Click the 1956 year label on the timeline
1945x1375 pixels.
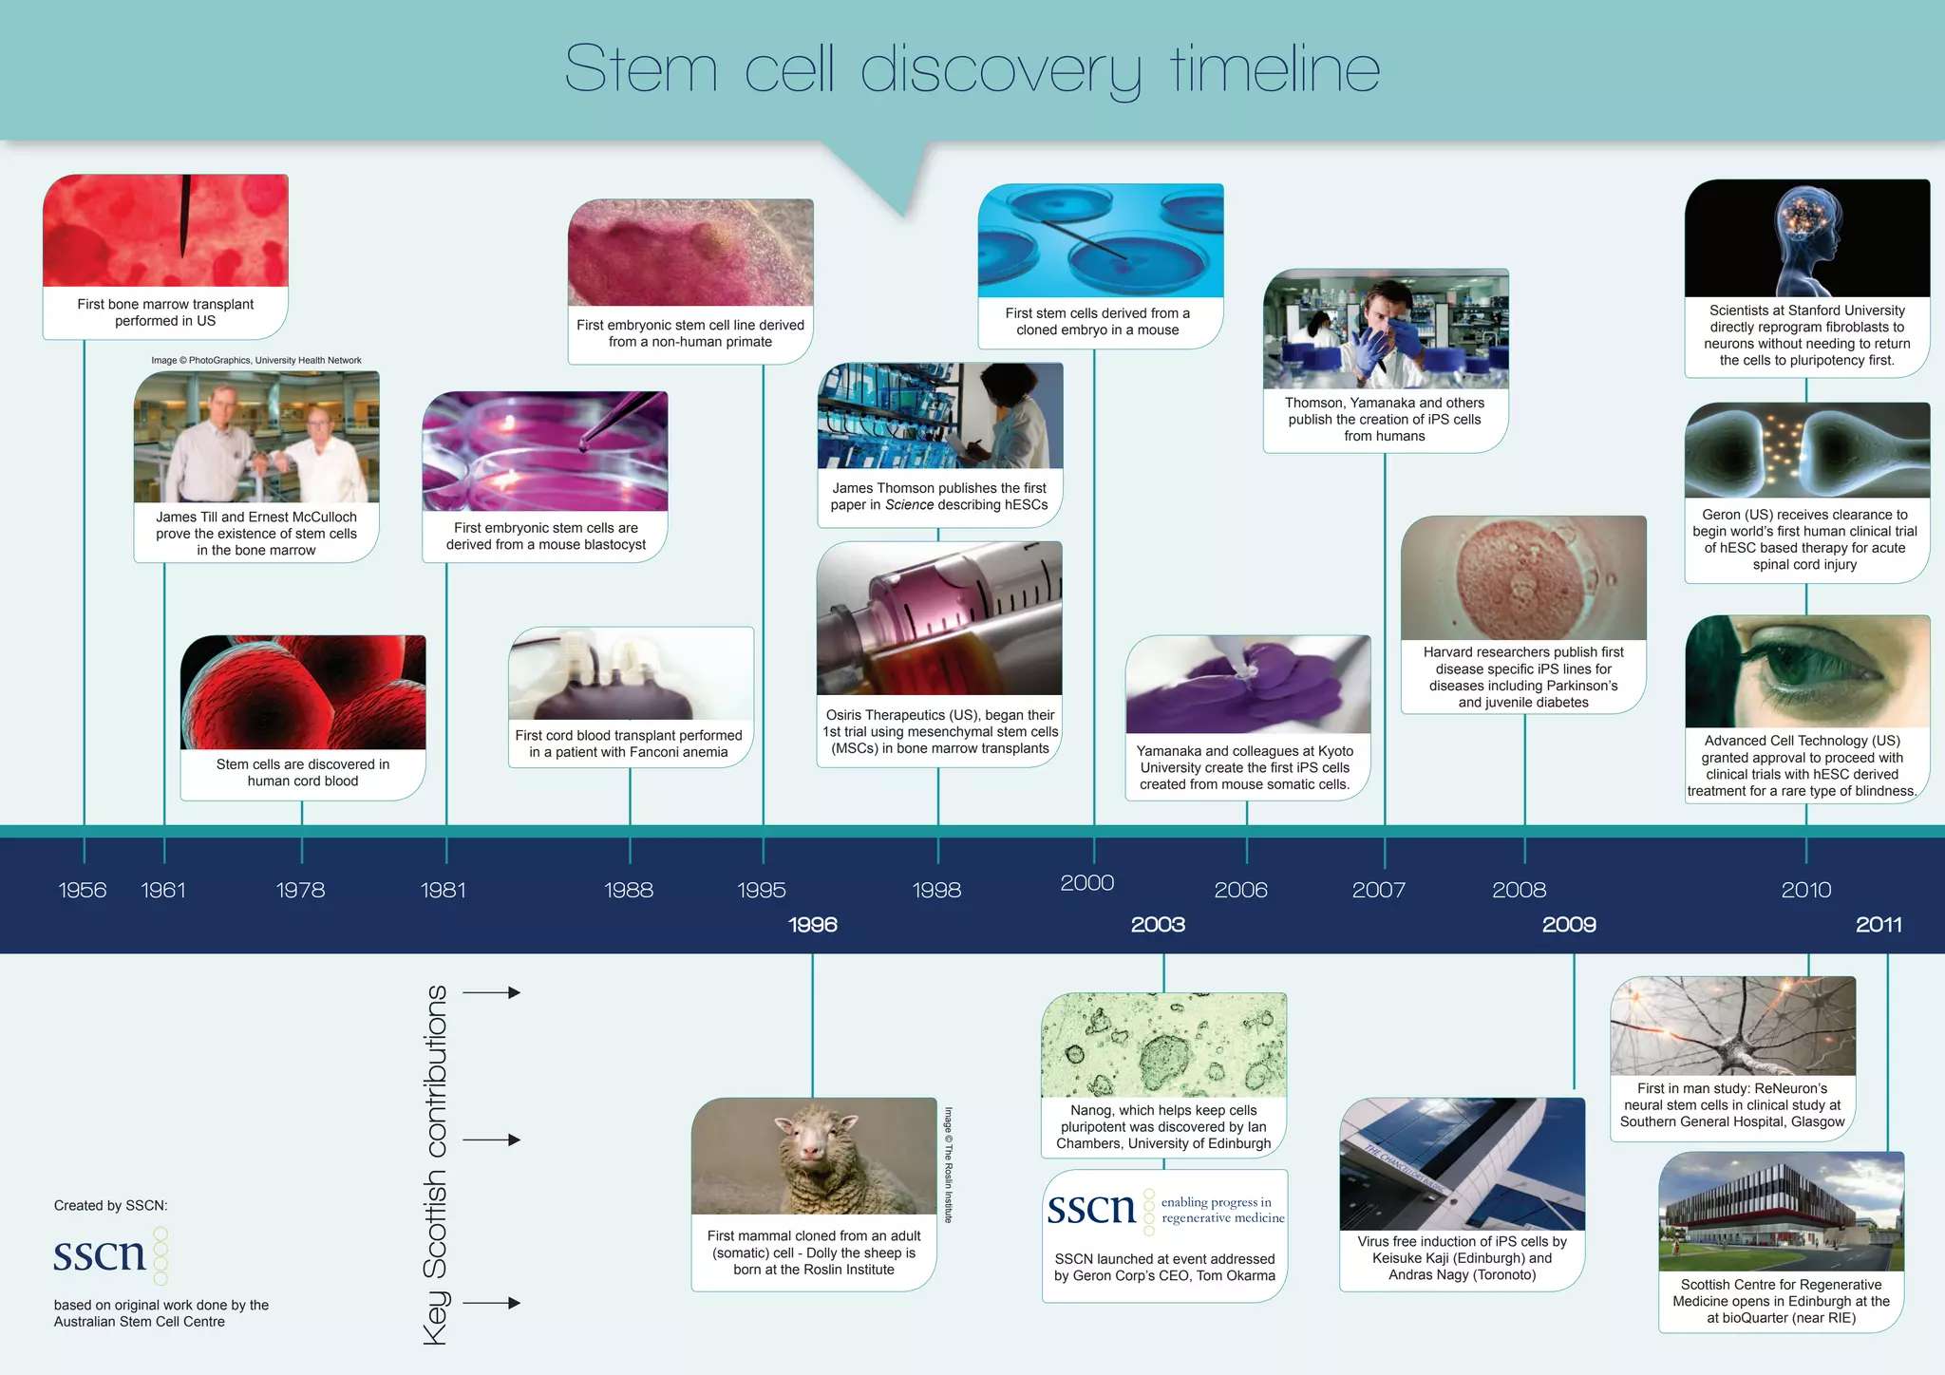point(83,890)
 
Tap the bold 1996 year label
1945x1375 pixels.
point(813,924)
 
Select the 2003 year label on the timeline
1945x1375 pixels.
point(1158,924)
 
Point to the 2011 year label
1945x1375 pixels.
point(1879,924)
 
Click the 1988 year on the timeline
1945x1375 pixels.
point(629,890)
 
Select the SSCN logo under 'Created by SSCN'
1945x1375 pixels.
point(109,1254)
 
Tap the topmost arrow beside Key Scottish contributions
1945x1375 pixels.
point(491,992)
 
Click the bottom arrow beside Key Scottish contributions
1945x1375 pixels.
point(491,1303)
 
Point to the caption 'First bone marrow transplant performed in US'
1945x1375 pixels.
point(165,312)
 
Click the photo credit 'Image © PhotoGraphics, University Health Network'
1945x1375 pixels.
point(256,360)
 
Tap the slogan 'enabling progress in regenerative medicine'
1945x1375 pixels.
point(1221,1210)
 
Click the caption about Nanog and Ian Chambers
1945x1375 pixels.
point(1163,1126)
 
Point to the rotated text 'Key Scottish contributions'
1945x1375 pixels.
point(435,1164)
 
